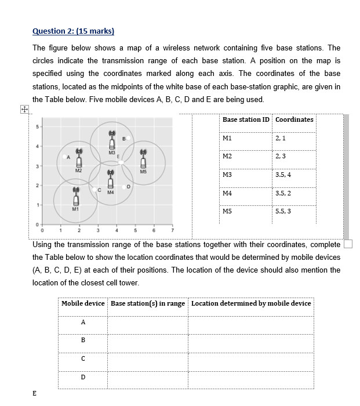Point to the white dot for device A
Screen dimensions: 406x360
coord(64,156)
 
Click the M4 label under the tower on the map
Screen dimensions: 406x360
coord(110,193)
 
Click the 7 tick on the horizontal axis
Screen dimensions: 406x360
coord(172,233)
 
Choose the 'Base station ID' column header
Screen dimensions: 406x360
coord(246,119)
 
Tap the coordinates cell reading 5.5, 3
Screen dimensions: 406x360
coord(284,211)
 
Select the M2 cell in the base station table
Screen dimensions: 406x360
coord(227,156)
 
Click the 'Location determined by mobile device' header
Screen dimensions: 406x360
coord(251,303)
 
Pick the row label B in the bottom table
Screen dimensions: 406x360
coord(83,340)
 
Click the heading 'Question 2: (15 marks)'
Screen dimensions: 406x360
coord(74,31)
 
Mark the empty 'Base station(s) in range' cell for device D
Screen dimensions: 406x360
coord(147,378)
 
